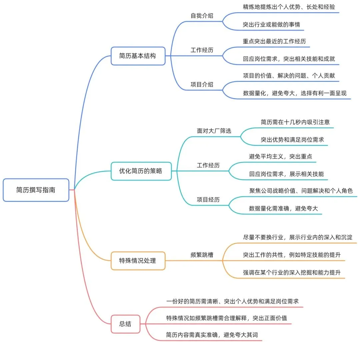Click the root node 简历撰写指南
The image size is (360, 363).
[x=36, y=190]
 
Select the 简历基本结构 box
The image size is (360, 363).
[x=138, y=56]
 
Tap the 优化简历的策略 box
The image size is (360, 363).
[x=141, y=171]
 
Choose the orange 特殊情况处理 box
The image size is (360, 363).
[x=138, y=261]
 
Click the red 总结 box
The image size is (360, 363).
[x=125, y=324]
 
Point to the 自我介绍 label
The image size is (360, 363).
[x=202, y=16]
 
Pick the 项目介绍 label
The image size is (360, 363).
[x=202, y=84]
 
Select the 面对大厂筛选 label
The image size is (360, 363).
[x=214, y=131]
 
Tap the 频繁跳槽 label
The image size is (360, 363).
[x=202, y=255]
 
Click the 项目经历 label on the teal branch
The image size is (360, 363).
[x=208, y=200]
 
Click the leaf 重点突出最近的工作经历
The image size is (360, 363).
[x=274, y=42]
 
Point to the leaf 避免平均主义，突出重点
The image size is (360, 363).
[x=280, y=156]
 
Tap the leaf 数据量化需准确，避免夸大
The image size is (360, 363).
[x=283, y=209]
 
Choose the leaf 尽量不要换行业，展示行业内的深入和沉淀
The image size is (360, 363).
[x=298, y=237]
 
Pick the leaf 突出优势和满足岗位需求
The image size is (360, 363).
[x=292, y=140]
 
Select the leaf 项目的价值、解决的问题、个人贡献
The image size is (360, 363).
[x=289, y=76]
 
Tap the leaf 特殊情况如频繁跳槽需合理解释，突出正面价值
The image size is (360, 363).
[x=227, y=318]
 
